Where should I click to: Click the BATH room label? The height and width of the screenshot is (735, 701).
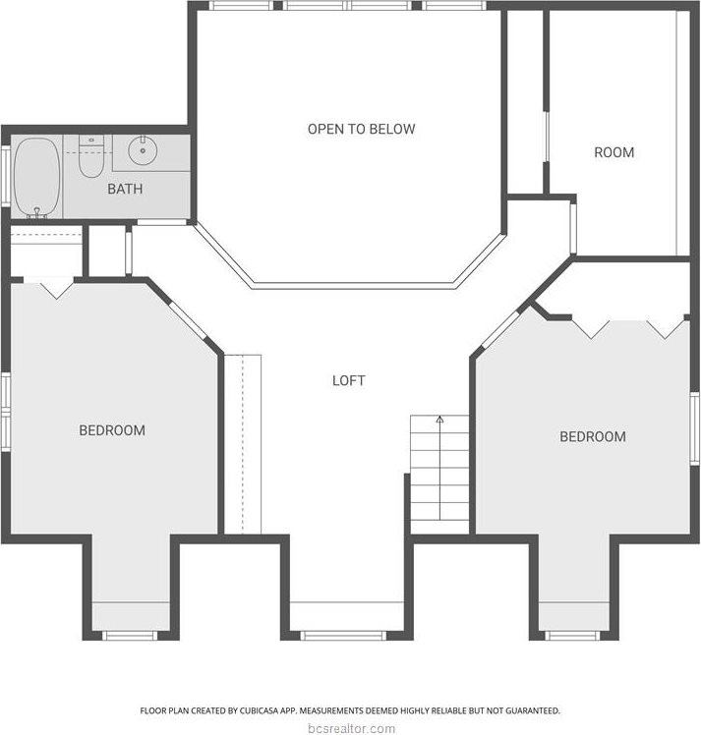tap(126, 189)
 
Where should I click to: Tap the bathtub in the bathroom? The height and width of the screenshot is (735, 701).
tap(37, 177)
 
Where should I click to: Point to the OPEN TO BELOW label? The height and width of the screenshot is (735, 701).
tap(361, 129)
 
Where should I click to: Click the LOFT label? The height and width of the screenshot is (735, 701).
tap(348, 380)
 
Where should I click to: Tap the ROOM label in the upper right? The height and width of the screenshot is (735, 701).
tap(613, 152)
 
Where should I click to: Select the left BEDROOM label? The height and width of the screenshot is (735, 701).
tap(112, 430)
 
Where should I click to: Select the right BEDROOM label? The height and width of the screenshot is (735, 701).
tap(592, 436)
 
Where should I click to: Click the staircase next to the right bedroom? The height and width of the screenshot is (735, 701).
tap(439, 472)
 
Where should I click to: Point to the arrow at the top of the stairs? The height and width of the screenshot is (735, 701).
tap(439, 421)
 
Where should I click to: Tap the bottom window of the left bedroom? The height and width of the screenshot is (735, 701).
tap(130, 635)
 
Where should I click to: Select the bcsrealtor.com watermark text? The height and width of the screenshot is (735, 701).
tap(350, 728)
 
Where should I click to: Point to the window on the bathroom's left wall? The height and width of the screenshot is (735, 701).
tap(5, 177)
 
